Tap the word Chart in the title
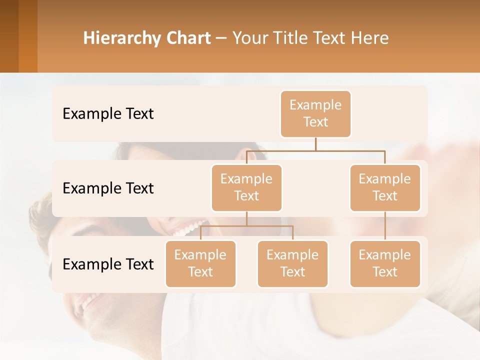(188, 38)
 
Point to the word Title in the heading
(290, 38)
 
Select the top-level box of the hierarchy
(315, 114)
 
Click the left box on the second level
(246, 188)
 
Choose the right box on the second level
(385, 188)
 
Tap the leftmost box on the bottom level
(200, 264)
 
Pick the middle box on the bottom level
(292, 264)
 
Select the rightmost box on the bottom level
(385, 264)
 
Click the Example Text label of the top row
(108, 114)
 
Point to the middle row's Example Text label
(108, 188)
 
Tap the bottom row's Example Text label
(108, 264)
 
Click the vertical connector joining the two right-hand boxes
(385, 226)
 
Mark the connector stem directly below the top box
(315, 144)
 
